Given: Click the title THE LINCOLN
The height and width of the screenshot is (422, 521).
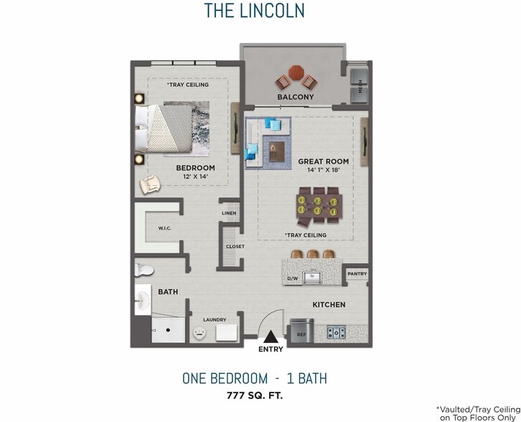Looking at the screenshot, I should point(254,10).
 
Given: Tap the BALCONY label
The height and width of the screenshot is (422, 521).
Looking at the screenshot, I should point(296,97).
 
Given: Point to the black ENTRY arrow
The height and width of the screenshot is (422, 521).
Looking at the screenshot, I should point(271,336).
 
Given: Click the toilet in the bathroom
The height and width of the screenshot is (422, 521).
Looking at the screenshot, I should point(144,270).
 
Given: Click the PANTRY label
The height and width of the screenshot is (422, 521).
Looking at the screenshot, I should point(357,274).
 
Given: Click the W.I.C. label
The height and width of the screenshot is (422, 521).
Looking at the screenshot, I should point(164,228).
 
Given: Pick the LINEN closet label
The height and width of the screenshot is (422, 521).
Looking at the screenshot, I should point(229,213).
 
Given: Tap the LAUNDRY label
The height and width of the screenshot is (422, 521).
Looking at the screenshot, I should point(215,320).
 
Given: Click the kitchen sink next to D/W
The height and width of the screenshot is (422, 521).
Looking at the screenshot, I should point(312,277).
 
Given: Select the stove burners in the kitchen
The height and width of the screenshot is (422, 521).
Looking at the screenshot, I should point(336,332).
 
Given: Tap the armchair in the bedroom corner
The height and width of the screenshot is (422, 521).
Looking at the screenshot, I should point(150,185).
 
